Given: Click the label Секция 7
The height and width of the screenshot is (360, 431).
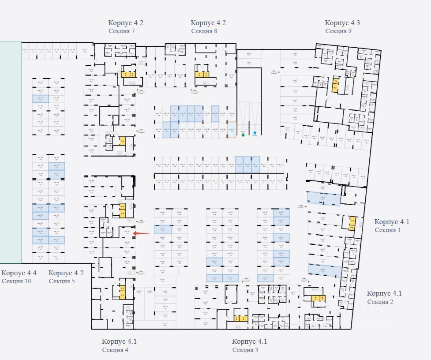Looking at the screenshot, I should click(x=121, y=31).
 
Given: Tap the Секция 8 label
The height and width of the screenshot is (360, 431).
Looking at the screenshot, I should click(x=204, y=31).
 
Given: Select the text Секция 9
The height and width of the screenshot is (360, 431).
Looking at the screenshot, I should click(x=338, y=31).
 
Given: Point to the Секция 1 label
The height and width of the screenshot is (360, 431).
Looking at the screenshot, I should click(x=388, y=230).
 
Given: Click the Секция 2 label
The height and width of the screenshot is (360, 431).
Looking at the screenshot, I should click(x=380, y=302).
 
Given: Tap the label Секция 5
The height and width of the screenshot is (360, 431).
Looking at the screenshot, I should click(x=62, y=281).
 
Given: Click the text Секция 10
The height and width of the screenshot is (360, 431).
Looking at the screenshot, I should click(x=16, y=281).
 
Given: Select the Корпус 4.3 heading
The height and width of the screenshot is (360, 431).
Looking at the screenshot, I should click(x=342, y=23).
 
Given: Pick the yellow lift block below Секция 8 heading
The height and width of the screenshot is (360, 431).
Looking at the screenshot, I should click(x=202, y=74).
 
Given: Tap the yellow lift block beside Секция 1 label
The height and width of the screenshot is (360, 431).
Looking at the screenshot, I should click(x=352, y=223).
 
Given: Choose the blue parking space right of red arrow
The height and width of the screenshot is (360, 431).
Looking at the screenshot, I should click(x=162, y=229).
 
